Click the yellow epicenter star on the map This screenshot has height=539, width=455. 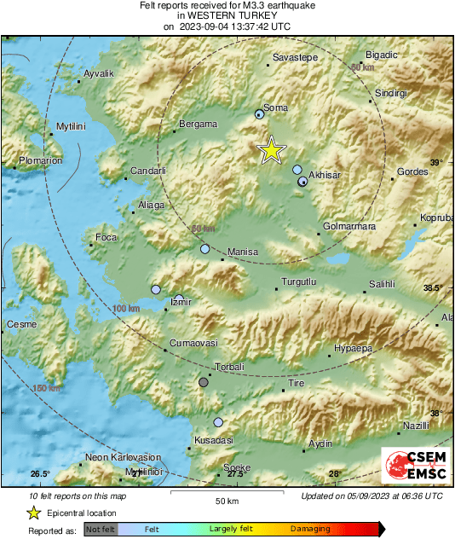[271, 150]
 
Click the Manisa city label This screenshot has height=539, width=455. [244, 252]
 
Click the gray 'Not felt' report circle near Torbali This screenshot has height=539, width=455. [203, 382]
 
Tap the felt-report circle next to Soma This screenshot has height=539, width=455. [260, 114]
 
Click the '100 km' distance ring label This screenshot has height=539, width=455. [125, 307]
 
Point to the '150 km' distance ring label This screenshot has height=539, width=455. [46, 389]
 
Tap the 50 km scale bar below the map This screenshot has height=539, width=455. [226, 493]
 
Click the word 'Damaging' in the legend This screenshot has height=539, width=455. [311, 529]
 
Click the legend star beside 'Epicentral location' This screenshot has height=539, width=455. [33, 513]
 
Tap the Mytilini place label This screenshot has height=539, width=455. [72, 127]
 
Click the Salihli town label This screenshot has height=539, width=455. [383, 284]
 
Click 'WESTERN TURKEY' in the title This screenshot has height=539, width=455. [227, 15]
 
